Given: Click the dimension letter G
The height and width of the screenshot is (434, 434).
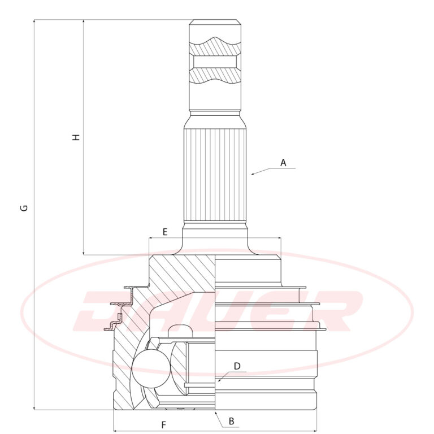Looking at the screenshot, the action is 24,208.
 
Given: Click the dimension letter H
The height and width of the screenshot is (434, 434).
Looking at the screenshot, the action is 76,137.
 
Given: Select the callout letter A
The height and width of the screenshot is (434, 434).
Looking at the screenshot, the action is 283,163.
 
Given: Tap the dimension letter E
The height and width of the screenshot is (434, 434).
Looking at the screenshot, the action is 165,232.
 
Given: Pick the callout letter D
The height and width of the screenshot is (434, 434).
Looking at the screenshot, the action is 237,366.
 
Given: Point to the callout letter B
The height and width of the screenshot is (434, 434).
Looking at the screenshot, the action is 231,421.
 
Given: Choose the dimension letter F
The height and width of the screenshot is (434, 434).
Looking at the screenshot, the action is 163,424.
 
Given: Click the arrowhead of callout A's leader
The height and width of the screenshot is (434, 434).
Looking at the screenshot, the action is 253,174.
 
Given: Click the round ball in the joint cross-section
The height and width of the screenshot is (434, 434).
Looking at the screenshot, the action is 151,368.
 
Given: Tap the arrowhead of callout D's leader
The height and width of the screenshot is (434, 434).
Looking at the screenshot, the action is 219,380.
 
